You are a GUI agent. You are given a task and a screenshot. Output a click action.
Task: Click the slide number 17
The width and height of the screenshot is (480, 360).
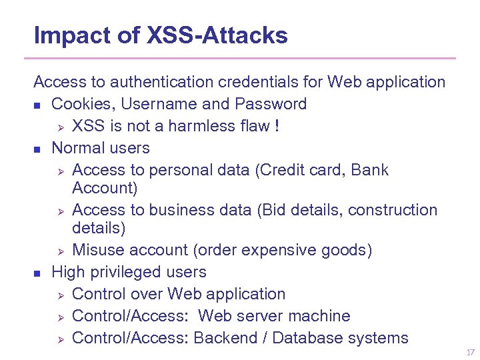(471, 352)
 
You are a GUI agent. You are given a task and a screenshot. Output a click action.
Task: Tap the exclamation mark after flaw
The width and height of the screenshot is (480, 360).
(275, 126)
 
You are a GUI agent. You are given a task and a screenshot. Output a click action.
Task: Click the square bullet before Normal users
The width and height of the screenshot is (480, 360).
(37, 149)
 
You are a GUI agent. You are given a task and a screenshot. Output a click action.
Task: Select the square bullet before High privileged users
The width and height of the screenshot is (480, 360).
(37, 273)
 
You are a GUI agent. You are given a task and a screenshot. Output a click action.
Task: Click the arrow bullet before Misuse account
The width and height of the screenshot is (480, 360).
(59, 251)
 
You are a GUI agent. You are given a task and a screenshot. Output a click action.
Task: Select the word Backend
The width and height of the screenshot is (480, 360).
(223, 338)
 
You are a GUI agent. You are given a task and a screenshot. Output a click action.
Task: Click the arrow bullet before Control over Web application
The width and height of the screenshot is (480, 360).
(59, 295)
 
